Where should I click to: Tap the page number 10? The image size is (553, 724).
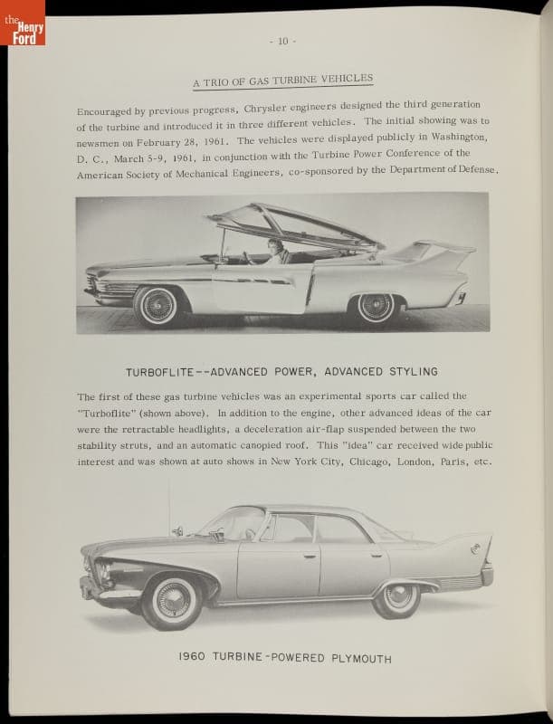pos(282,42)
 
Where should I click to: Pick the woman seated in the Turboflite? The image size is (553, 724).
pos(273,251)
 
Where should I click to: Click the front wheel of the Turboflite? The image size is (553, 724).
pos(159,305)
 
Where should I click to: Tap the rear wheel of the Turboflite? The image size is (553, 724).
pos(374,307)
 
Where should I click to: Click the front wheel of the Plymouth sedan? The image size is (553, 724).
pos(171,600)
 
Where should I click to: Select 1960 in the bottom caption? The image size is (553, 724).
pos(195,658)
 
